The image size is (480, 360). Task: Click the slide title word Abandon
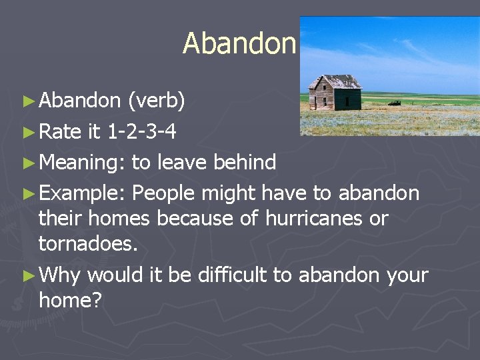click(x=239, y=44)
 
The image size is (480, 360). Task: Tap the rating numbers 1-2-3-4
click(x=141, y=131)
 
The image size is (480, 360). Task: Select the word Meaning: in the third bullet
click(x=82, y=163)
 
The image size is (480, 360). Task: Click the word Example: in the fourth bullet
click(x=82, y=193)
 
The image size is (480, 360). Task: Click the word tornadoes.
click(x=88, y=243)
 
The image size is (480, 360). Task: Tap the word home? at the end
click(x=70, y=300)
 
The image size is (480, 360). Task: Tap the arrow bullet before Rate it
click(x=27, y=132)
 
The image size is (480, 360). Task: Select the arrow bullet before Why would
click(x=27, y=275)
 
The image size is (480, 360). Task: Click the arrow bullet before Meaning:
click(x=27, y=163)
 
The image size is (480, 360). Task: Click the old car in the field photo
click(x=395, y=103)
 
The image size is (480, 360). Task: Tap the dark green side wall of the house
click(x=348, y=99)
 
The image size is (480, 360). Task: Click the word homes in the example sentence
click(x=120, y=218)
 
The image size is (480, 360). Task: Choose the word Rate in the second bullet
click(x=60, y=131)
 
